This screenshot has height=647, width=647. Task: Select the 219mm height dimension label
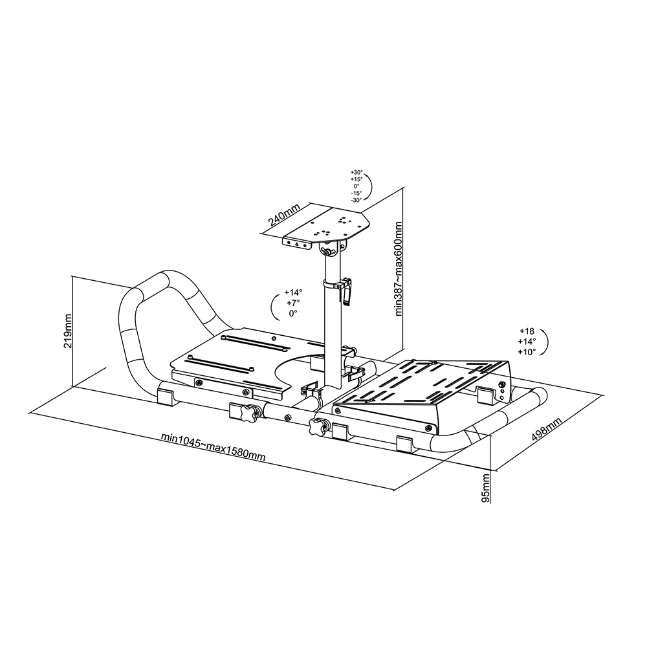(67, 331)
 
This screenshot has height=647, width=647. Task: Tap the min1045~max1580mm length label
(213, 447)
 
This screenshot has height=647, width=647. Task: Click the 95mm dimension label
(486, 488)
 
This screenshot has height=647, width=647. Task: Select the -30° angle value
(356, 200)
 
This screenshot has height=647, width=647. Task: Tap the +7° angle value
(293, 302)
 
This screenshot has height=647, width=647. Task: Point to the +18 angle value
(527, 331)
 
